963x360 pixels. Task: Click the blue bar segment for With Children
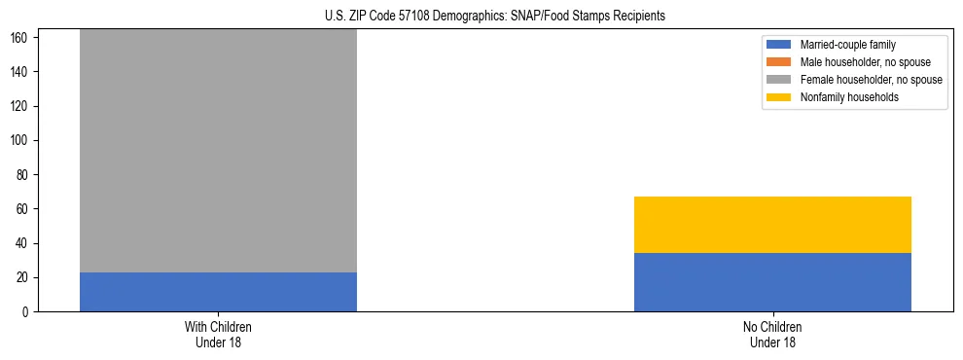(218, 292)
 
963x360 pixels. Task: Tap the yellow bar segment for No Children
(772, 225)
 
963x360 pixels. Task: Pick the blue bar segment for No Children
(772, 282)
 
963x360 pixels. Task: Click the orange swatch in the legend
(779, 62)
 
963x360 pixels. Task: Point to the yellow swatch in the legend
(779, 97)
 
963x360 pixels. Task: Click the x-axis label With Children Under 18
(218, 334)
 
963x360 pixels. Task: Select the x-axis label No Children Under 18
(772, 334)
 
